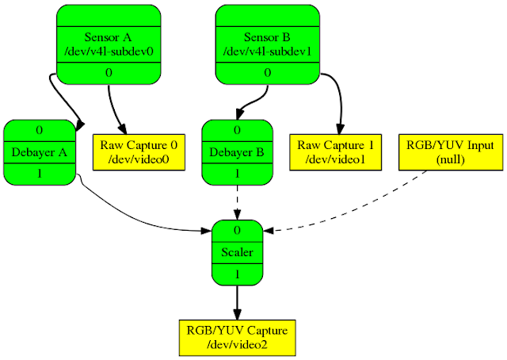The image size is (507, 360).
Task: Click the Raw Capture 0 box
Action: pos(139,152)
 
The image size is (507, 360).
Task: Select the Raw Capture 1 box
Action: pos(336,152)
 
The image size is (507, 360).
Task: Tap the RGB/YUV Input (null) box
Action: pos(451,152)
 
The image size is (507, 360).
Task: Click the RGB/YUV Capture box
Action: pos(238,338)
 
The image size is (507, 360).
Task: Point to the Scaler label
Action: pos(237,252)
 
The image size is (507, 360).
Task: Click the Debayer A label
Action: pos(40,152)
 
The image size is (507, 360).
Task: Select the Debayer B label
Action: pos(237,152)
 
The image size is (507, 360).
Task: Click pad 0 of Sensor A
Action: pos(109,73)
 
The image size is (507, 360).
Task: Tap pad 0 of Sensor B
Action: pos(268,73)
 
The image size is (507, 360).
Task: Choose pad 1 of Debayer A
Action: pos(40,174)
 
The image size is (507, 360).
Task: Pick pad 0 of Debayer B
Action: pos(237,131)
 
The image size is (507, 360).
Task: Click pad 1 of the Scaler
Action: pos(237,274)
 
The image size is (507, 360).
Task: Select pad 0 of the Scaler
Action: pos(237,231)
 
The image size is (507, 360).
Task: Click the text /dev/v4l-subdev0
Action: pos(109,52)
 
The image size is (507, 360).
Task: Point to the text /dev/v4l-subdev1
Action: pos(268,52)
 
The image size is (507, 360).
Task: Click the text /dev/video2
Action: pos(238,345)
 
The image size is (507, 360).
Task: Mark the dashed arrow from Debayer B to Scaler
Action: pos(238,203)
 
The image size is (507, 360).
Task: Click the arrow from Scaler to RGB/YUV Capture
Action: pos(238,303)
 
